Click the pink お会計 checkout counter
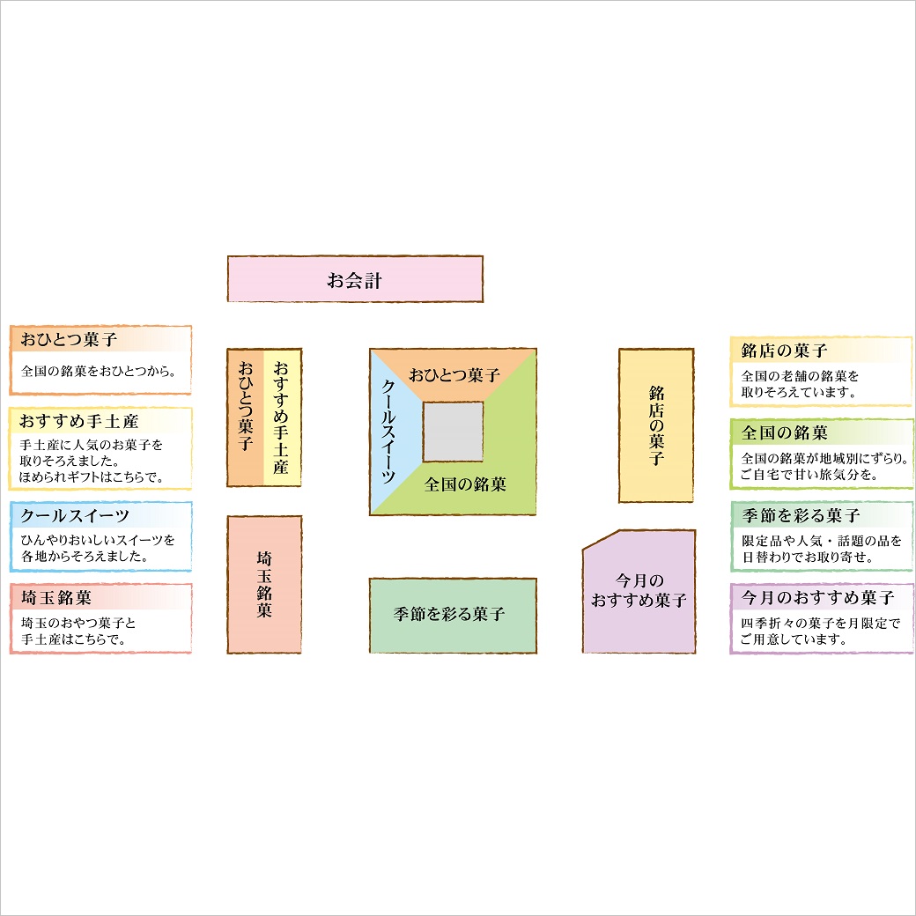[x=355, y=279]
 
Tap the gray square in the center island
[x=453, y=432]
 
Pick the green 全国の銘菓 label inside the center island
[x=465, y=484]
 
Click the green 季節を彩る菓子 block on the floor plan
[x=453, y=615]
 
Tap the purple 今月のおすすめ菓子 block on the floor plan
[x=639, y=592]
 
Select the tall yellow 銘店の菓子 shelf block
[x=656, y=425]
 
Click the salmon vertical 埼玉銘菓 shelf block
[x=264, y=584]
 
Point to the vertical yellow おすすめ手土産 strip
[x=282, y=417]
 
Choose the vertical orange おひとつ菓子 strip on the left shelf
[x=245, y=417]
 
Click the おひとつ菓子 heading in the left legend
[x=70, y=339]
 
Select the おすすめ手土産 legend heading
[x=79, y=422]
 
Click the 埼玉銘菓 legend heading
[x=56, y=597]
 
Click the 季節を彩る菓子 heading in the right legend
[x=801, y=515]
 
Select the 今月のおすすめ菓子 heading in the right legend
[x=817, y=597]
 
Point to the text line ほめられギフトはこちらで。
[x=92, y=477]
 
